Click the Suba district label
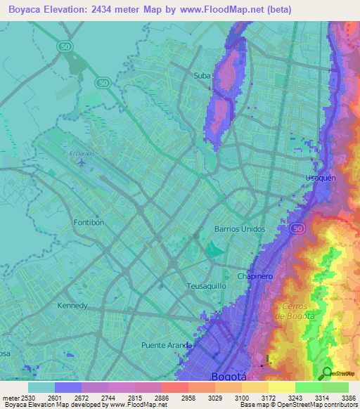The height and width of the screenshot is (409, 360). coord(202,74)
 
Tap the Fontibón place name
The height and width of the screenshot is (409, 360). coord(89,222)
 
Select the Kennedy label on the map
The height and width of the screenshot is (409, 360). coord(72,306)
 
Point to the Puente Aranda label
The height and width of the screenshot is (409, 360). coord(167,345)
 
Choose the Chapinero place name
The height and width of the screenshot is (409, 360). coord(255,276)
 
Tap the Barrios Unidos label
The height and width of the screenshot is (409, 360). coord(239,229)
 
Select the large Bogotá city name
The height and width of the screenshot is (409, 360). coord(229,377)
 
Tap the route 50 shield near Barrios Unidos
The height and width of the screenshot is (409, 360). coord(297,229)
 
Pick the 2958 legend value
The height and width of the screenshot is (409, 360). coord(187,398)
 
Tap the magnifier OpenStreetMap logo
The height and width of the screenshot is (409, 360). coord(328,372)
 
